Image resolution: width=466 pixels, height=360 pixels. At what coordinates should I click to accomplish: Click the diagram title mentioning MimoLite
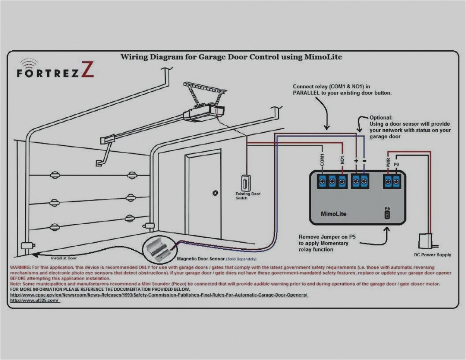(x=231, y=57)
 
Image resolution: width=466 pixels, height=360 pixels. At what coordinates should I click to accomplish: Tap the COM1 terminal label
(x=322, y=160)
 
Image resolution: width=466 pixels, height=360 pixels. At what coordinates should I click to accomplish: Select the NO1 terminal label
(x=342, y=160)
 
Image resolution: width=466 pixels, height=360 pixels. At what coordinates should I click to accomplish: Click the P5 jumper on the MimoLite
(x=387, y=215)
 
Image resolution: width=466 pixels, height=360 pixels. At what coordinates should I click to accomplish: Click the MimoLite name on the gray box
(x=334, y=214)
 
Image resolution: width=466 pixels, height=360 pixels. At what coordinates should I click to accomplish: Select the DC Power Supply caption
(x=432, y=255)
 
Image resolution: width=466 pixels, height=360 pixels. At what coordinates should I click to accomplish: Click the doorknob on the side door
(x=215, y=192)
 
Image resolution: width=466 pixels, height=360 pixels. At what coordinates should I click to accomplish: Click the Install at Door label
(x=64, y=257)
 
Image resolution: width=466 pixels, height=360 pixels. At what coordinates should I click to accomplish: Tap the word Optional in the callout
(x=381, y=118)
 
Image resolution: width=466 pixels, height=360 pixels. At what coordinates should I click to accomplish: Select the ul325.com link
(x=35, y=300)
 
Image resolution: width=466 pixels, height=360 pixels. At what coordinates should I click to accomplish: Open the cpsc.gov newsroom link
(x=159, y=295)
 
